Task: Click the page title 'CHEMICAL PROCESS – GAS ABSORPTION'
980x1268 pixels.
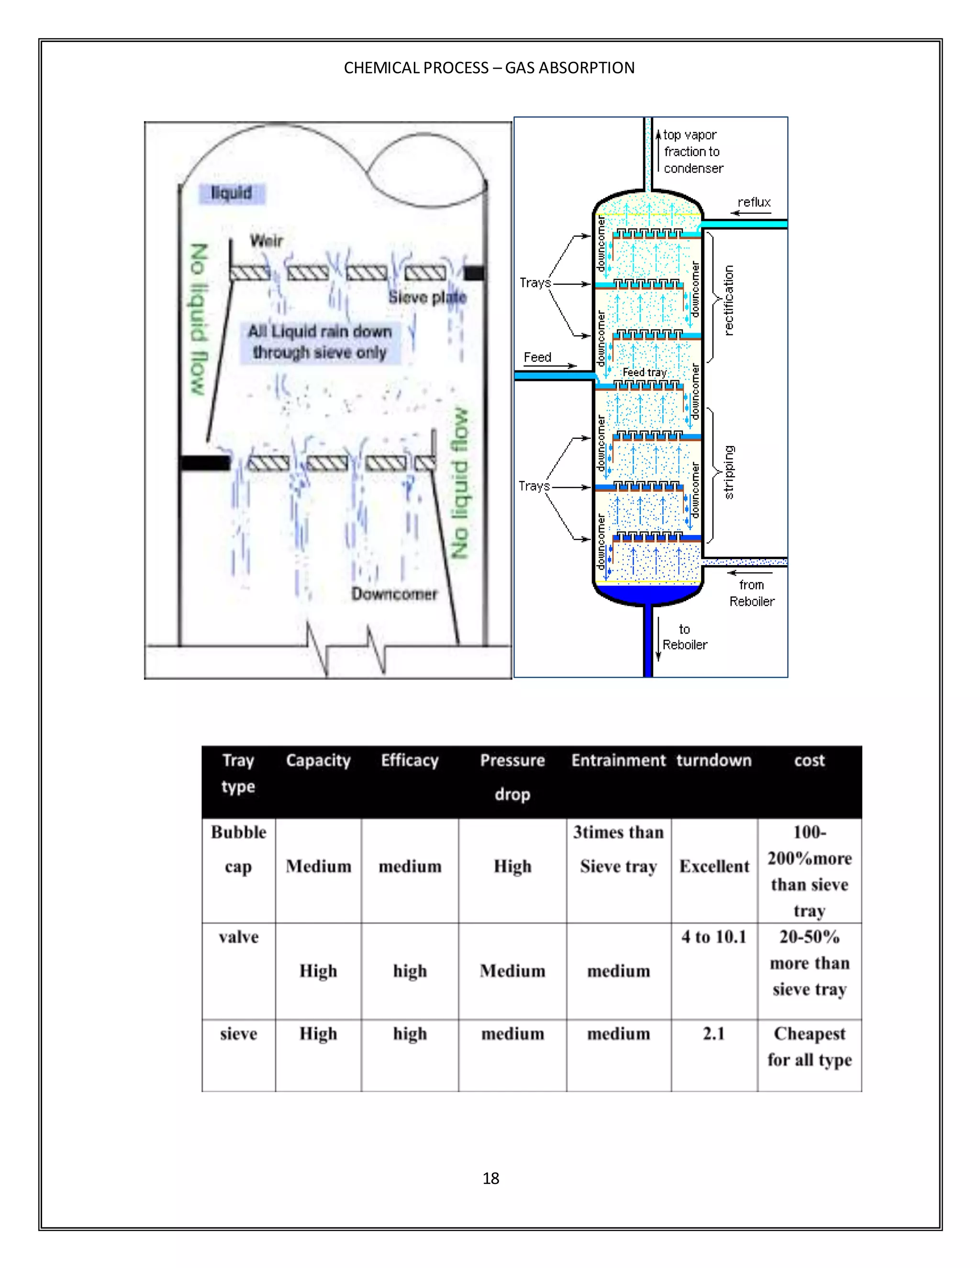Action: point(489,68)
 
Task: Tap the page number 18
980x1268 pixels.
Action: point(490,1178)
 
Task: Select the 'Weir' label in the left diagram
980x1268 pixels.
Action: point(267,240)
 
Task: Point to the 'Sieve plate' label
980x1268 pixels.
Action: point(427,297)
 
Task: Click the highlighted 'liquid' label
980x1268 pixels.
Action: point(232,193)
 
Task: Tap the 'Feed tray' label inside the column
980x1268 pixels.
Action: point(645,372)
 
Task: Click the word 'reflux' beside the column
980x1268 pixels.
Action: point(754,202)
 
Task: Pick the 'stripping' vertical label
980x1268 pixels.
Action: point(729,472)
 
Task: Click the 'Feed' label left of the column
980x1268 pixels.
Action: point(537,357)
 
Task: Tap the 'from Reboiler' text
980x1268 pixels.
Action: point(752,593)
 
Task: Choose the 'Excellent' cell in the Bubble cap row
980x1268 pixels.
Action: point(714,866)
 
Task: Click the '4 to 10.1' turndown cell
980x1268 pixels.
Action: point(713,936)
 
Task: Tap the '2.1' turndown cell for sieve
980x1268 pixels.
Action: point(713,1034)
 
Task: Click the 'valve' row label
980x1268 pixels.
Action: point(239,936)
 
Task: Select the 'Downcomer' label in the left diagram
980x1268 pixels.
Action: point(394,594)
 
